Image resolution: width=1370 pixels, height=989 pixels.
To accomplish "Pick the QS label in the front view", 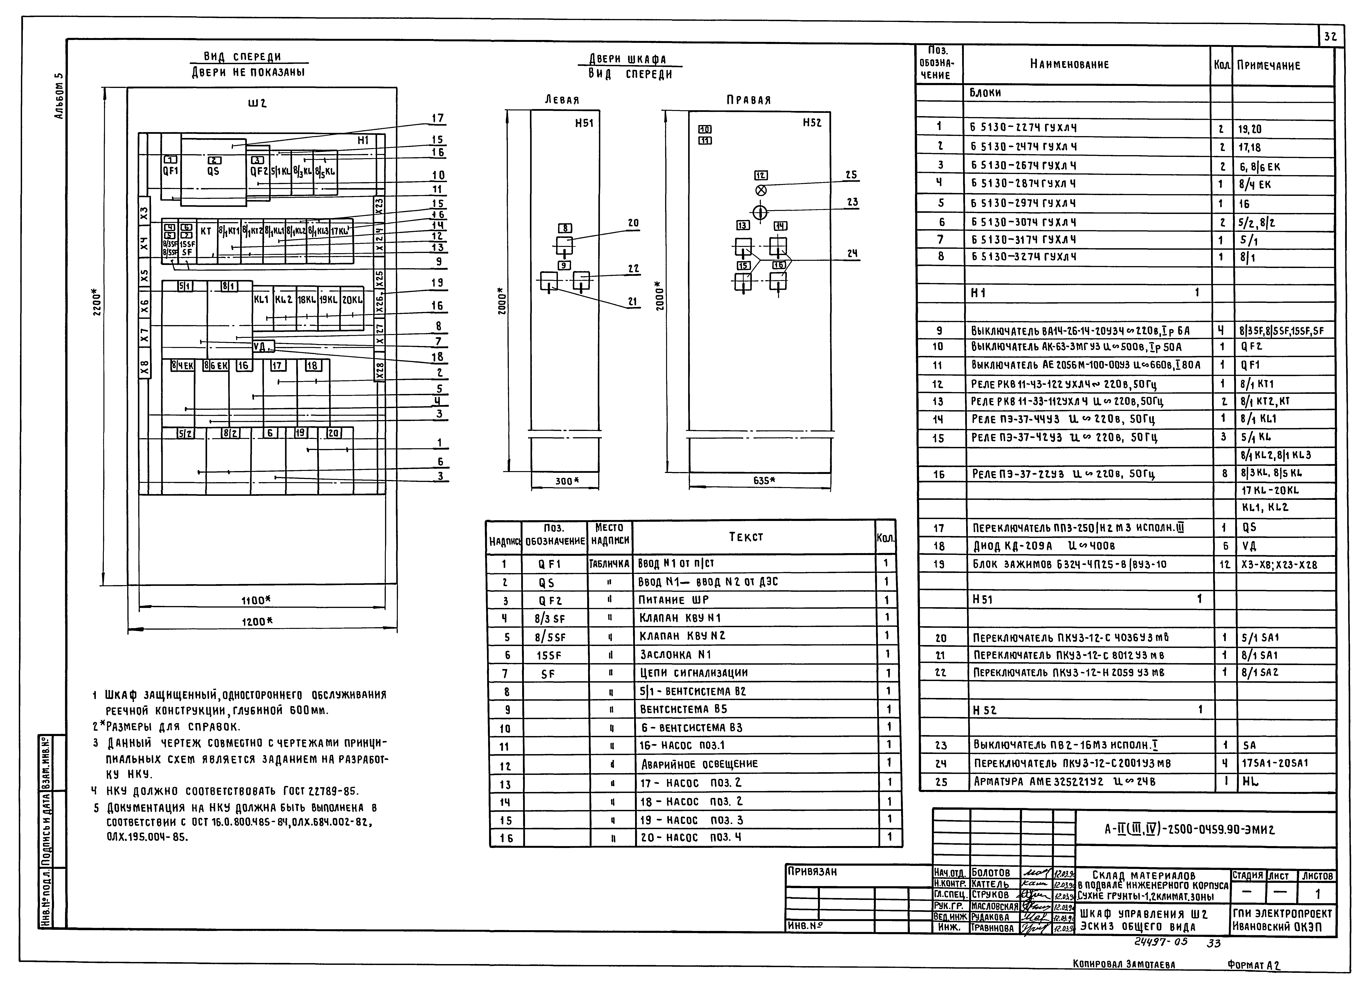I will point(213,171).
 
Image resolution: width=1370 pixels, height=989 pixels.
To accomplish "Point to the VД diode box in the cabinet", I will point(263,346).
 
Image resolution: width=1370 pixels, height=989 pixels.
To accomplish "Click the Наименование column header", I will point(1069,64).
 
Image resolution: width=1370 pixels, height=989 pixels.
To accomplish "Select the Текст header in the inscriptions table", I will point(746,537).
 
